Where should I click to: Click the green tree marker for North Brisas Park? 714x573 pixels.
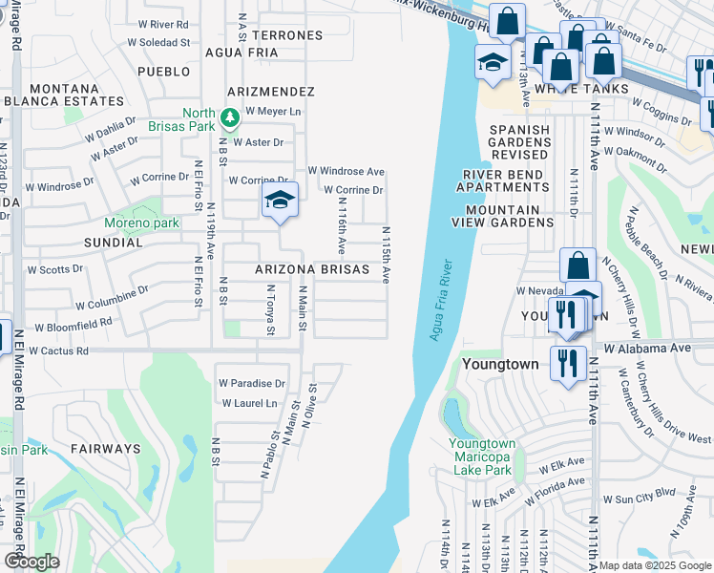coord(229,118)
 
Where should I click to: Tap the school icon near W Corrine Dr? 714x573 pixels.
coord(280,201)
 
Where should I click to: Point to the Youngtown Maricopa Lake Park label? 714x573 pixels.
coord(483,456)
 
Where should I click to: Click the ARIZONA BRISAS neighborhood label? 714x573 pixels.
coord(311,270)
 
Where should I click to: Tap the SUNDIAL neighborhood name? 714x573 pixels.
coord(113,243)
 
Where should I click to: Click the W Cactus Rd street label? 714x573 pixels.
coord(58,350)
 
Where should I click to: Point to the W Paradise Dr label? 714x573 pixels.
coord(252,383)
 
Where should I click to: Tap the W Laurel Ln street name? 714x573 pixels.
coord(249,403)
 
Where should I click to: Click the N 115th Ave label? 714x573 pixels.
coord(387,254)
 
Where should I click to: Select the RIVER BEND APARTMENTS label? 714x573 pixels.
coord(506,180)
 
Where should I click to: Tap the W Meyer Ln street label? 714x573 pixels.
coord(273,111)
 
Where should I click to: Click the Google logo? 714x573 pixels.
coord(31,562)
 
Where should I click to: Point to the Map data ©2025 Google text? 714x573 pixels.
coord(655,565)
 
